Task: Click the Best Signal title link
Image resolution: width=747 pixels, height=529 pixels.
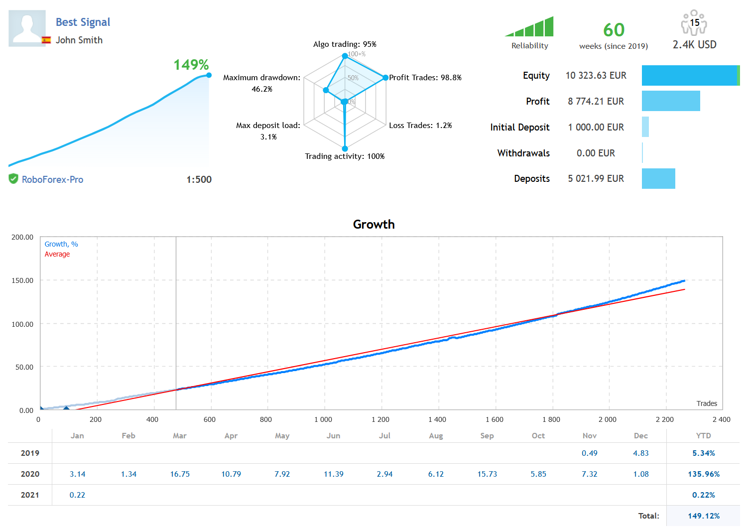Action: point(83,22)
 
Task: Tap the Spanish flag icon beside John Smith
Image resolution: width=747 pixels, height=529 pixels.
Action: point(46,40)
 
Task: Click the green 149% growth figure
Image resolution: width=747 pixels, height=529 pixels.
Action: point(191,65)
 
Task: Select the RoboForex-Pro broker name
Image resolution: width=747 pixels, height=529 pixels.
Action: point(52,180)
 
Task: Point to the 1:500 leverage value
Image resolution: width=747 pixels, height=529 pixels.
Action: point(199,180)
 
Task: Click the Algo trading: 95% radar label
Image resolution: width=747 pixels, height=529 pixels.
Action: point(345,44)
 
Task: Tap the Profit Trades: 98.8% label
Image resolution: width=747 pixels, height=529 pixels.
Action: point(425,78)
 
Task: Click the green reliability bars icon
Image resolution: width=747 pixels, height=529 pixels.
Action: point(530,27)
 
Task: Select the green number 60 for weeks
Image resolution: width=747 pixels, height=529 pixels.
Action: point(614,30)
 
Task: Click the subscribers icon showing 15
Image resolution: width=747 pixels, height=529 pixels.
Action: point(694,22)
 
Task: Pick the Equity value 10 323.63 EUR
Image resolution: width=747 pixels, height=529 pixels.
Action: point(596,76)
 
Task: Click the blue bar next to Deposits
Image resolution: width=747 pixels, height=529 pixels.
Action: point(658,179)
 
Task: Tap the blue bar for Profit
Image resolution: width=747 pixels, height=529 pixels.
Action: point(671,101)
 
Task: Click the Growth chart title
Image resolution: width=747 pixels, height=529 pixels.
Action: point(373,225)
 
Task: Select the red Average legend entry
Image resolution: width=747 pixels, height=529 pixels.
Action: point(57,255)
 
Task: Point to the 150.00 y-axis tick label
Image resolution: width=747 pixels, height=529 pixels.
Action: point(22,280)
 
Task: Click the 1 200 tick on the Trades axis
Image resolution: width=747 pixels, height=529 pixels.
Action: point(380,419)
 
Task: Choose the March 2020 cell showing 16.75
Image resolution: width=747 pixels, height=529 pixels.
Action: point(180,474)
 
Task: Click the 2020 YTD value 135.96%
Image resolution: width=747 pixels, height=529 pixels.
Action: point(703,474)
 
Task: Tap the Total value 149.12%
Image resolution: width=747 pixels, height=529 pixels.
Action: point(703,516)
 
